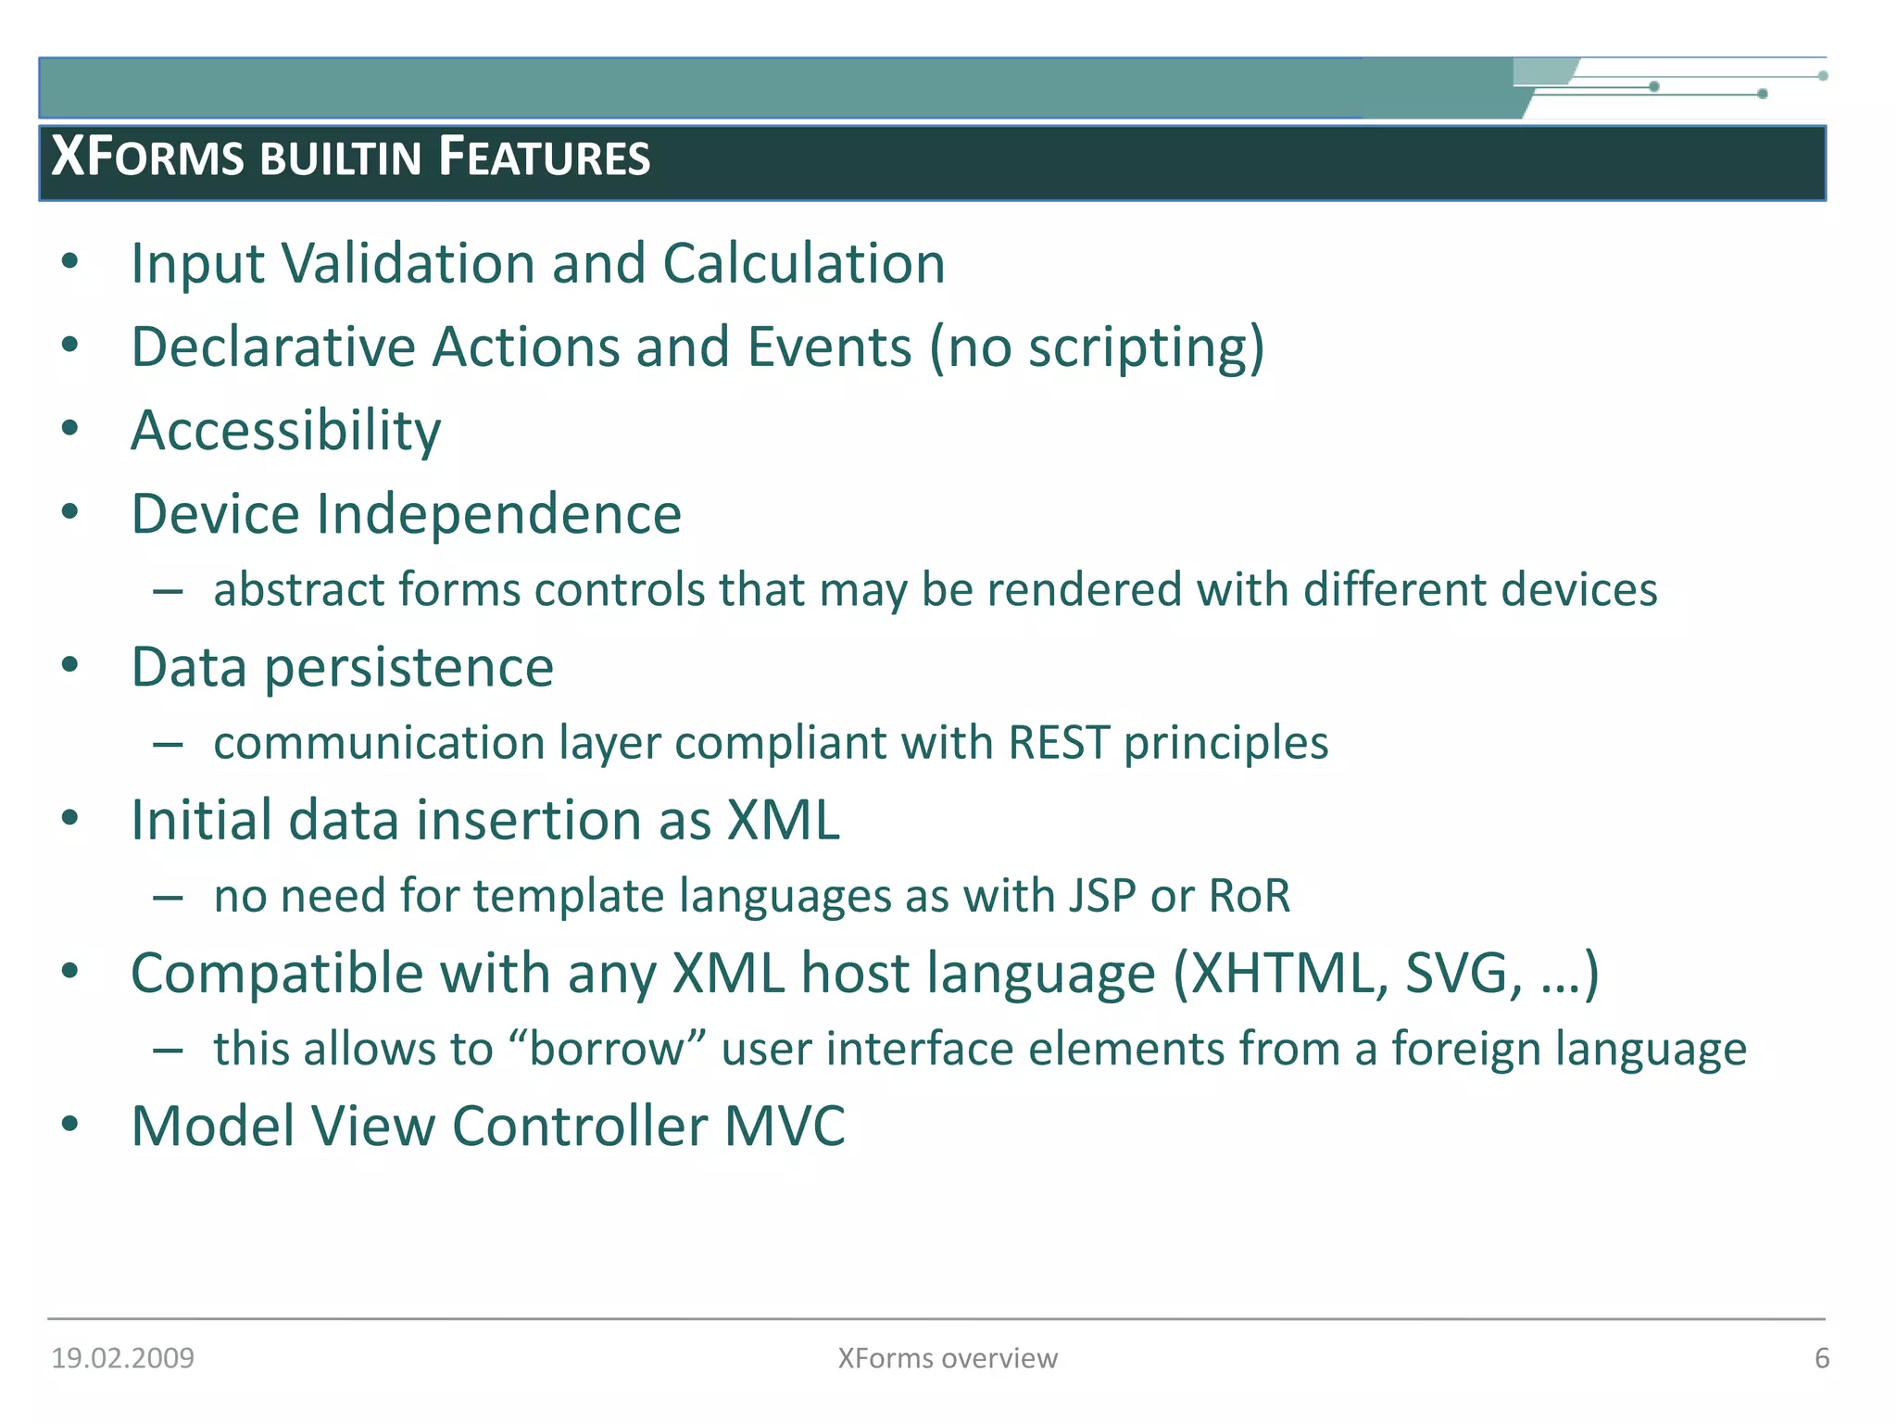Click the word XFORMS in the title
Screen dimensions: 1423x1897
click(x=147, y=157)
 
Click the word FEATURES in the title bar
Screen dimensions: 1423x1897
click(x=544, y=157)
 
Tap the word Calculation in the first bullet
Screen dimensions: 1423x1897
click(x=803, y=264)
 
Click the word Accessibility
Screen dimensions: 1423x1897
click(x=286, y=432)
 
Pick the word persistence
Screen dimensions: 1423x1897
click(x=408, y=668)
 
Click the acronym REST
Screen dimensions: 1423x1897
click(x=1059, y=743)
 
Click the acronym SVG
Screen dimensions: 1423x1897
click(x=1463, y=974)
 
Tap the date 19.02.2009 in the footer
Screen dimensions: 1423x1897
click(x=122, y=1358)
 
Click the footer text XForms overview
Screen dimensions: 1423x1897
click(x=947, y=1358)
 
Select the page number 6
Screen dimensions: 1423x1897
click(x=1821, y=1358)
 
